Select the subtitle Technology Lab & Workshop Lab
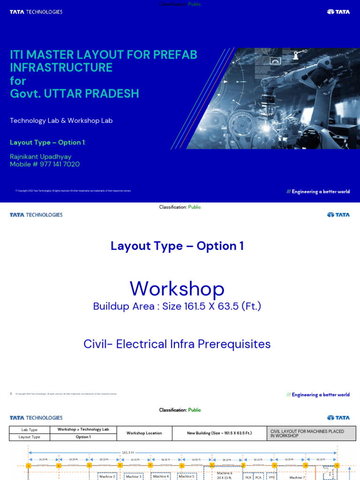pos(61,120)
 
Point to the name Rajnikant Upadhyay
pos(41,157)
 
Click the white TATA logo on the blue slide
pos(338,12)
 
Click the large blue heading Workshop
pos(177,289)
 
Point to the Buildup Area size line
pos(177,307)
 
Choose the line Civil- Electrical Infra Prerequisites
pos(177,344)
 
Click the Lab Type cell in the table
pos(30,430)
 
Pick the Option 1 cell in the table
pos(83,437)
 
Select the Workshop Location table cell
pos(144,433)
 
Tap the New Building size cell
pos(219,433)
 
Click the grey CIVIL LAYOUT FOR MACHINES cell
pos(311,433)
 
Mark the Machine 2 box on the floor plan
pos(107,476)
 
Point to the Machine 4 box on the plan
pos(161,476)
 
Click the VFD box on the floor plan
pos(271,477)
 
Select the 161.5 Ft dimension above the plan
pos(128,453)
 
